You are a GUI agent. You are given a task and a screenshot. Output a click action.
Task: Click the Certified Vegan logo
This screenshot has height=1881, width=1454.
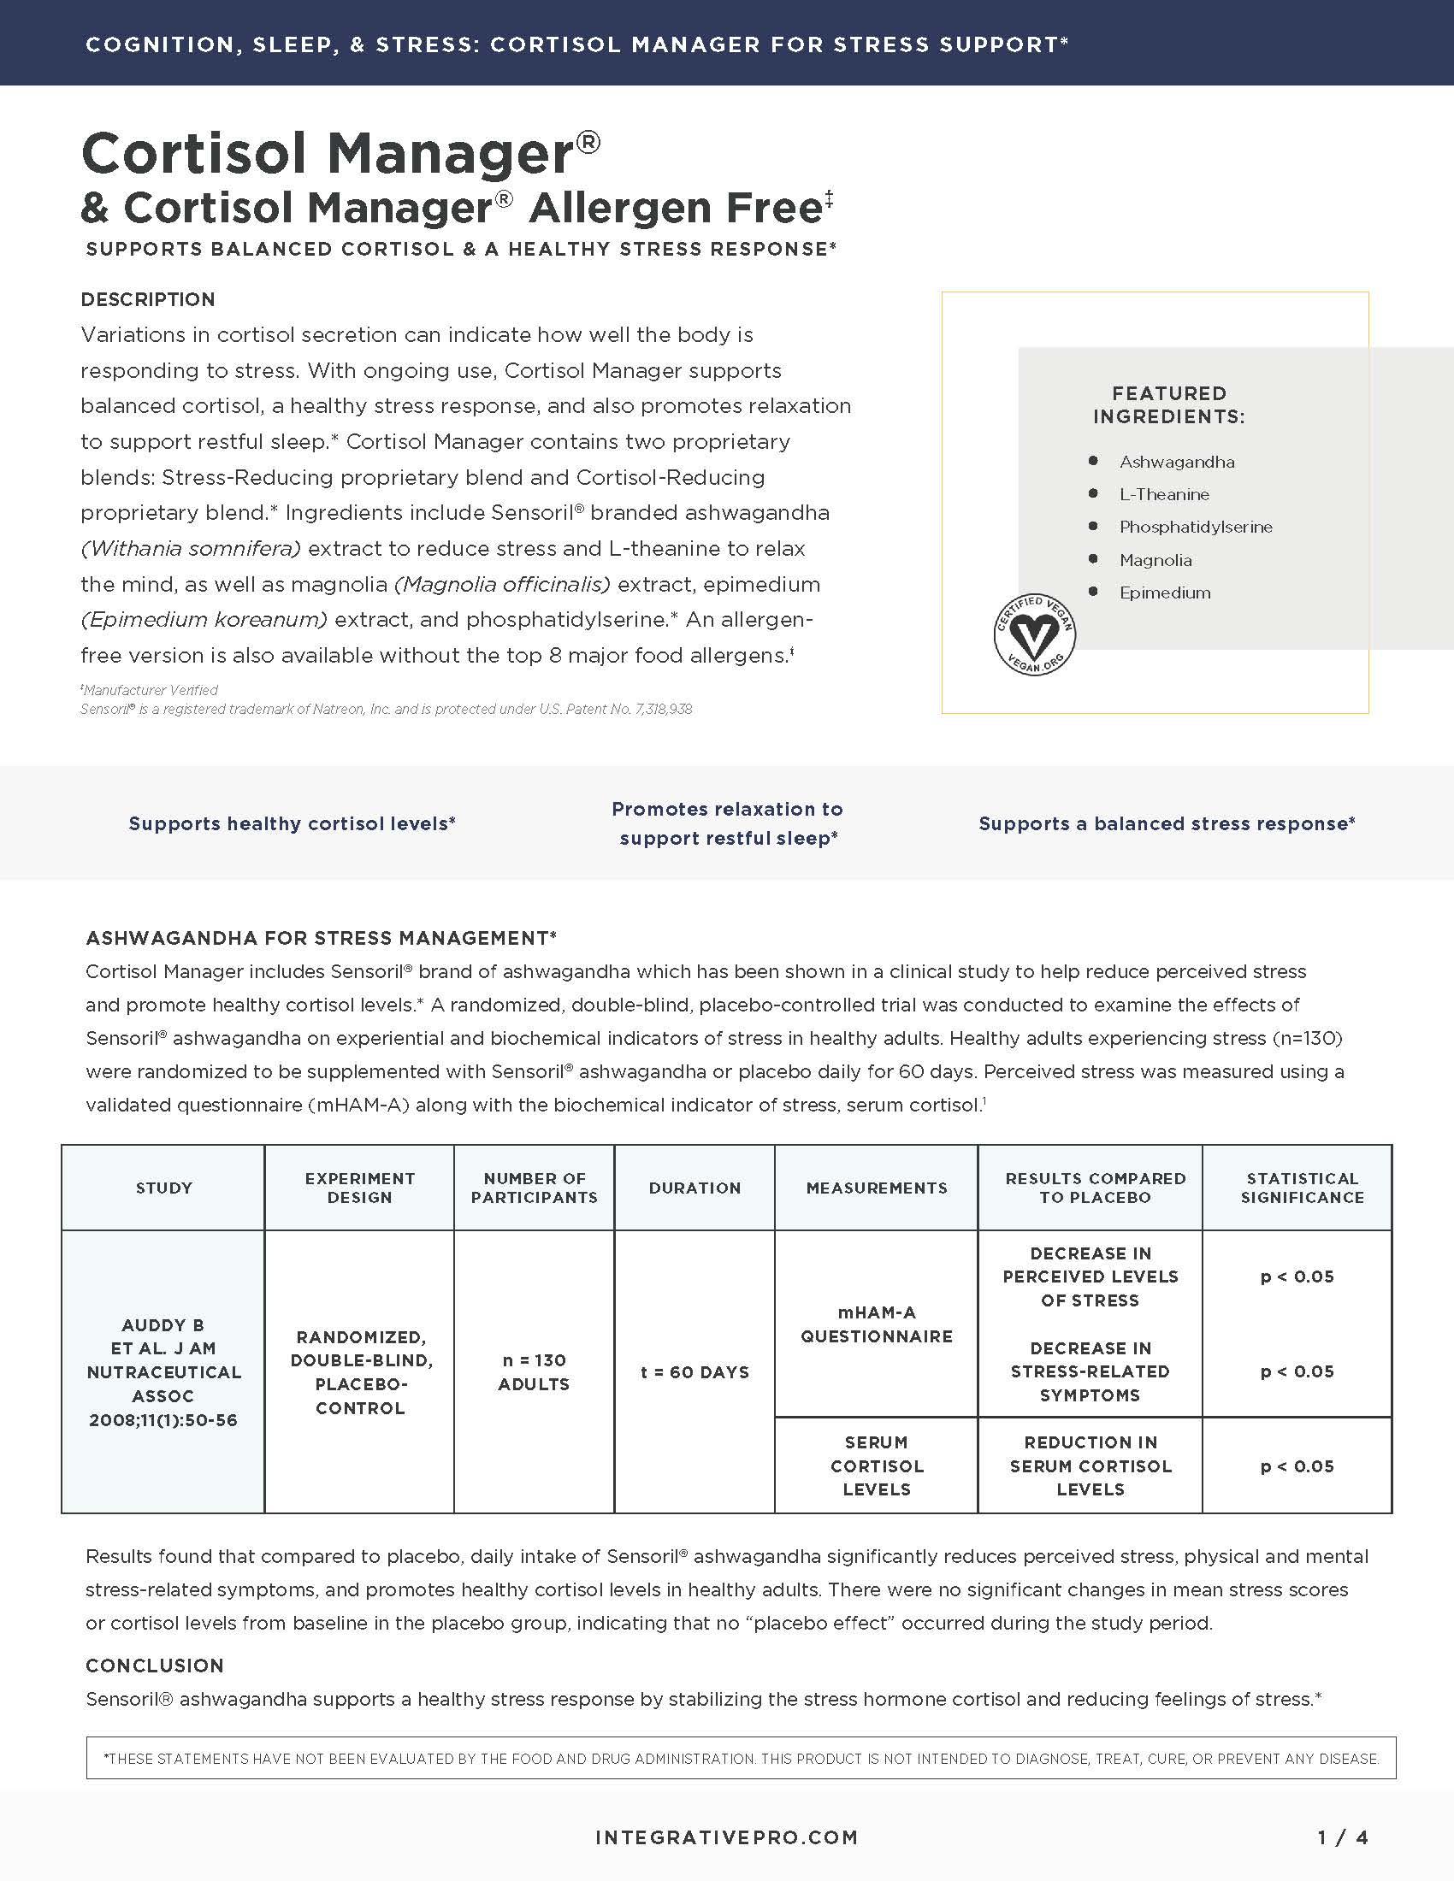[x=1035, y=634]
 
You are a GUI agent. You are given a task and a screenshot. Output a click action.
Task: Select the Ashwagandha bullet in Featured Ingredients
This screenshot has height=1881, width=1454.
[x=1176, y=462]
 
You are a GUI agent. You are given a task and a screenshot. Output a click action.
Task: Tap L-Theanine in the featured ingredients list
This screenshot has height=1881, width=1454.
[x=1164, y=494]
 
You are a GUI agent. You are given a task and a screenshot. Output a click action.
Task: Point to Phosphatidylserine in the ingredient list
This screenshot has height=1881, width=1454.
[x=1195, y=527]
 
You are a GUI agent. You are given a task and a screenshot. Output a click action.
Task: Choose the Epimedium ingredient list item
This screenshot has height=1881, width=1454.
[x=1165, y=593]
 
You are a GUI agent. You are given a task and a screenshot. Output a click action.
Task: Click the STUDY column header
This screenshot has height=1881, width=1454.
[x=163, y=1188]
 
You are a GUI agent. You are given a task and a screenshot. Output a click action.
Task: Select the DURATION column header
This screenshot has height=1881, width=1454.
[x=694, y=1188]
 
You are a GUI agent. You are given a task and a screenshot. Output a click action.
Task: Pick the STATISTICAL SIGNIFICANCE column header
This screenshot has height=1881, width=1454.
[x=1302, y=1188]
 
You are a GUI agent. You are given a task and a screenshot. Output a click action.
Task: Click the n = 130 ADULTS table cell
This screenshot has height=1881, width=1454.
[x=534, y=1372]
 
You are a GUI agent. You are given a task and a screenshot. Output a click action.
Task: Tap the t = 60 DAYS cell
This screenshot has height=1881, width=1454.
[x=694, y=1372]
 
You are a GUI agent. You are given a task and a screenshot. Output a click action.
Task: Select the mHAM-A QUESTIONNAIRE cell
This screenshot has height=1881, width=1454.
[x=876, y=1324]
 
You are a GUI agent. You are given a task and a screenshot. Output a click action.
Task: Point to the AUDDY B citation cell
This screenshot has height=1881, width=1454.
[x=163, y=1372]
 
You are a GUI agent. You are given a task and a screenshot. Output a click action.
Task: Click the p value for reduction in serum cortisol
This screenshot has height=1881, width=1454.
[x=1297, y=1465]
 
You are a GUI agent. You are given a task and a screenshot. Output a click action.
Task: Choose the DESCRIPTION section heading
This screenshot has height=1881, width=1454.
[x=148, y=300]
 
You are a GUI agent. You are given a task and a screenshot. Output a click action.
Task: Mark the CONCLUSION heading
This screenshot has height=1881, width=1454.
[x=155, y=1666]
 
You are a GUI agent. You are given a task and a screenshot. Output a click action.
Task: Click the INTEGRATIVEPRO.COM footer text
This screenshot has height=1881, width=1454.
[x=726, y=1838]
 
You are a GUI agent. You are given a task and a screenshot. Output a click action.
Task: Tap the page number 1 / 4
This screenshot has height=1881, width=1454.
[x=1343, y=1838]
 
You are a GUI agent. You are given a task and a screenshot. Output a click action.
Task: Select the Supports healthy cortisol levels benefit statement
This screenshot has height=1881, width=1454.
[x=292, y=823]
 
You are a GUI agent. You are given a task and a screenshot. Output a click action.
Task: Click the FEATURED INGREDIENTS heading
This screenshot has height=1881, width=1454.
[x=1169, y=404]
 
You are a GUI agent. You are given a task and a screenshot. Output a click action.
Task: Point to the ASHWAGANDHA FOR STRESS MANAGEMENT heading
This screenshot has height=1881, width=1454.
[x=322, y=938]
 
